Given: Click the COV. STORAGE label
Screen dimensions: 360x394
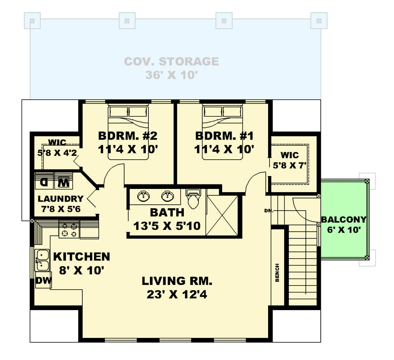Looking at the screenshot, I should point(171,61).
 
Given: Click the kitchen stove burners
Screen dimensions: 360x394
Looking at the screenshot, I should point(69,229).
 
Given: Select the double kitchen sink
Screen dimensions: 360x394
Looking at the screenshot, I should point(42,260).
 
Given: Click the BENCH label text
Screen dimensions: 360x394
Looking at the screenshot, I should point(277,273).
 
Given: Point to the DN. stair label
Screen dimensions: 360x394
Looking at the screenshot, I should point(269,210).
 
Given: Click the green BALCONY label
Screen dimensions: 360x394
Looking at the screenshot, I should point(344,220).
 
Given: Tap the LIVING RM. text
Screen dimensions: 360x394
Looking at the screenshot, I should point(177,282).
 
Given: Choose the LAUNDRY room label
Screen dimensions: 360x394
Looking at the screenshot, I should point(60,198).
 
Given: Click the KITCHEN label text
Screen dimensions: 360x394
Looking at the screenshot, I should point(82,257).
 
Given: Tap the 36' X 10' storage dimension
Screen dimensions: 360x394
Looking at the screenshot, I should point(171,76).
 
